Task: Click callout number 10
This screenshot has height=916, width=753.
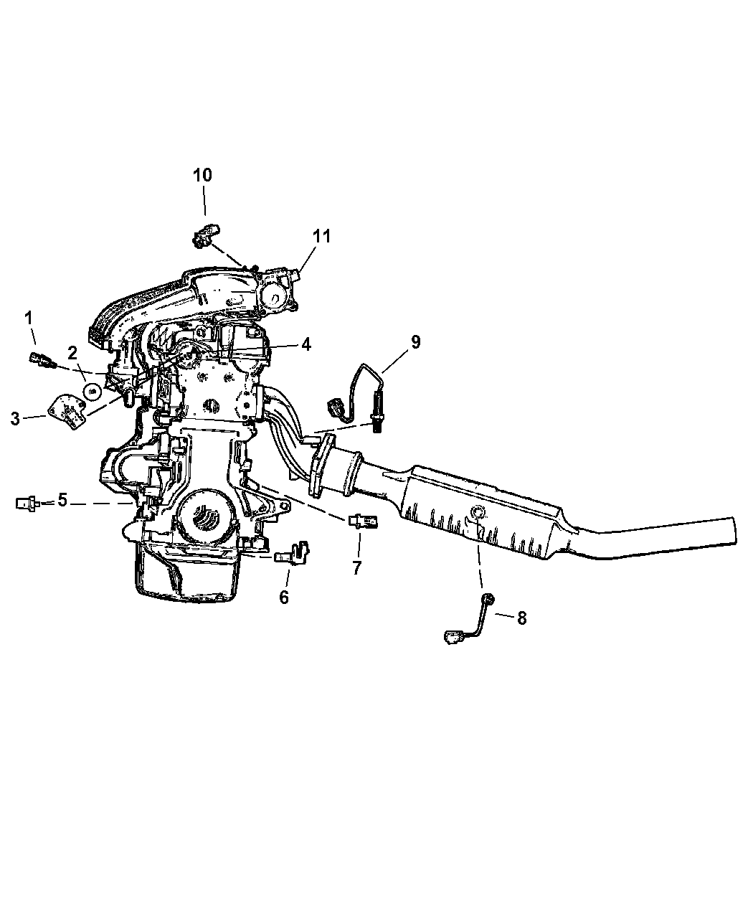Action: (202, 175)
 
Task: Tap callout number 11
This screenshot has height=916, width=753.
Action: (322, 236)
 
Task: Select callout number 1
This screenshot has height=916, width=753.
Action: (29, 318)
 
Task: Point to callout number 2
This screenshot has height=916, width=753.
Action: (72, 353)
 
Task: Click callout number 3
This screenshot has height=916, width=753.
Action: (15, 419)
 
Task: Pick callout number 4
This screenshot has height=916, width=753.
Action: (306, 344)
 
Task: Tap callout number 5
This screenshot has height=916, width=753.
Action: (62, 500)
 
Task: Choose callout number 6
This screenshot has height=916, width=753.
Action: (283, 598)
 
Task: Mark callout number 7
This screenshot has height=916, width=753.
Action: (357, 567)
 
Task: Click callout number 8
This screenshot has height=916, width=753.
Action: (521, 618)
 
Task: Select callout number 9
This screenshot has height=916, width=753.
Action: (415, 342)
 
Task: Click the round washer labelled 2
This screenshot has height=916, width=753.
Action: (92, 392)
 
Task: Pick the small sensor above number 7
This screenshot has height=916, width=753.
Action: (363, 521)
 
